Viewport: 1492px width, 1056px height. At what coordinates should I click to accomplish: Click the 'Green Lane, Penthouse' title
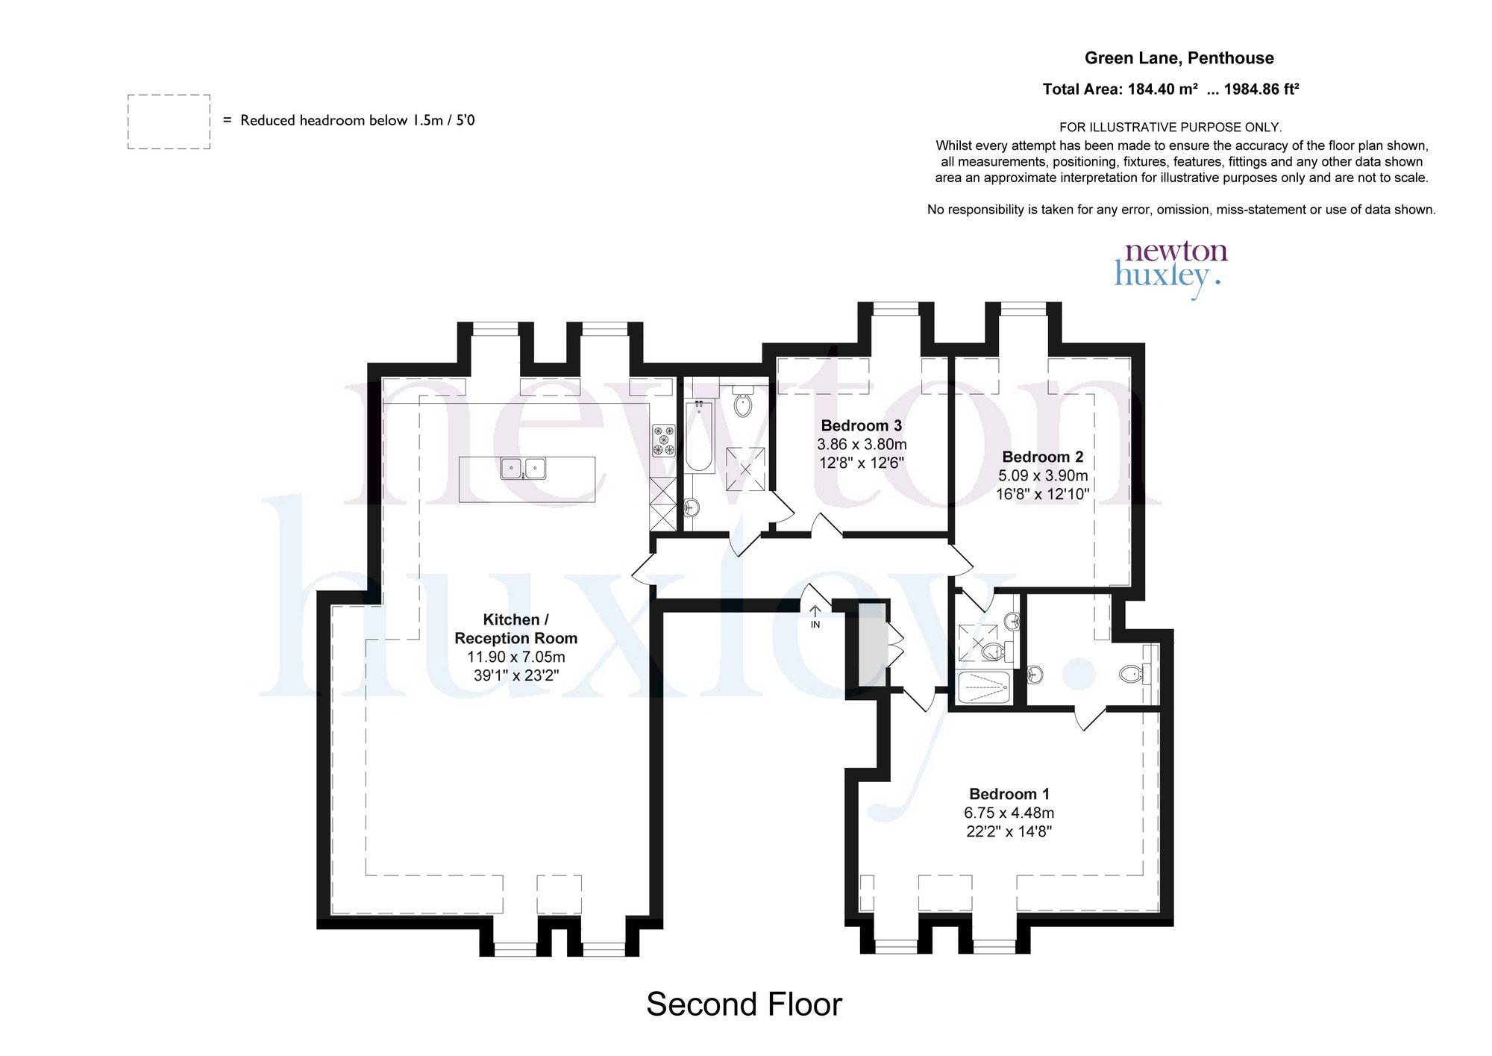1179,58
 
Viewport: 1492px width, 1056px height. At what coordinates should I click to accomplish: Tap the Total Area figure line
1171,90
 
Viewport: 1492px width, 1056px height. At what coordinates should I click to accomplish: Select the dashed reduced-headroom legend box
169,122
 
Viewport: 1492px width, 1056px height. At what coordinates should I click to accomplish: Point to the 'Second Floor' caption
744,1005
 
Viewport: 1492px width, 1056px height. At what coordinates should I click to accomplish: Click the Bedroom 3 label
862,425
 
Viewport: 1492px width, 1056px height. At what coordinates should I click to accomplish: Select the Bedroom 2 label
1043,457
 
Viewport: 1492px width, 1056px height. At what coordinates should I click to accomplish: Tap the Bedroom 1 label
1009,794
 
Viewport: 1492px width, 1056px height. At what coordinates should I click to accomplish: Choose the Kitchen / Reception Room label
516,628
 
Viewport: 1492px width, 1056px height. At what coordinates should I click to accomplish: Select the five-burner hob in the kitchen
664,440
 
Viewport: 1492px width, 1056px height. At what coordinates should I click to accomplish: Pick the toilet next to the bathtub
743,401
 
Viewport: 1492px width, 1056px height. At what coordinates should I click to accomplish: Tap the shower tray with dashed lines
984,688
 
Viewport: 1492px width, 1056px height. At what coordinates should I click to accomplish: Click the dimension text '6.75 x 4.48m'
1009,813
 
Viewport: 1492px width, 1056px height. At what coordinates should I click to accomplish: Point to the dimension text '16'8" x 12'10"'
1043,493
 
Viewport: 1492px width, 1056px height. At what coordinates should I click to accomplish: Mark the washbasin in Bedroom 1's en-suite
1035,675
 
